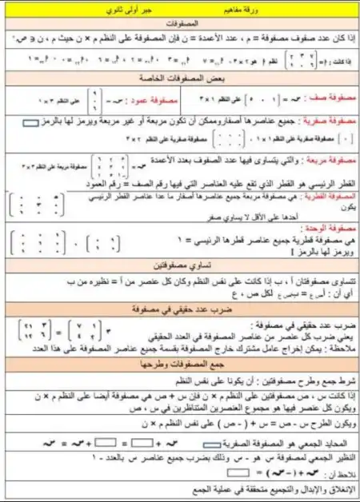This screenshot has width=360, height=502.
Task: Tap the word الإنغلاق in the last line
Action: [335, 488]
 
